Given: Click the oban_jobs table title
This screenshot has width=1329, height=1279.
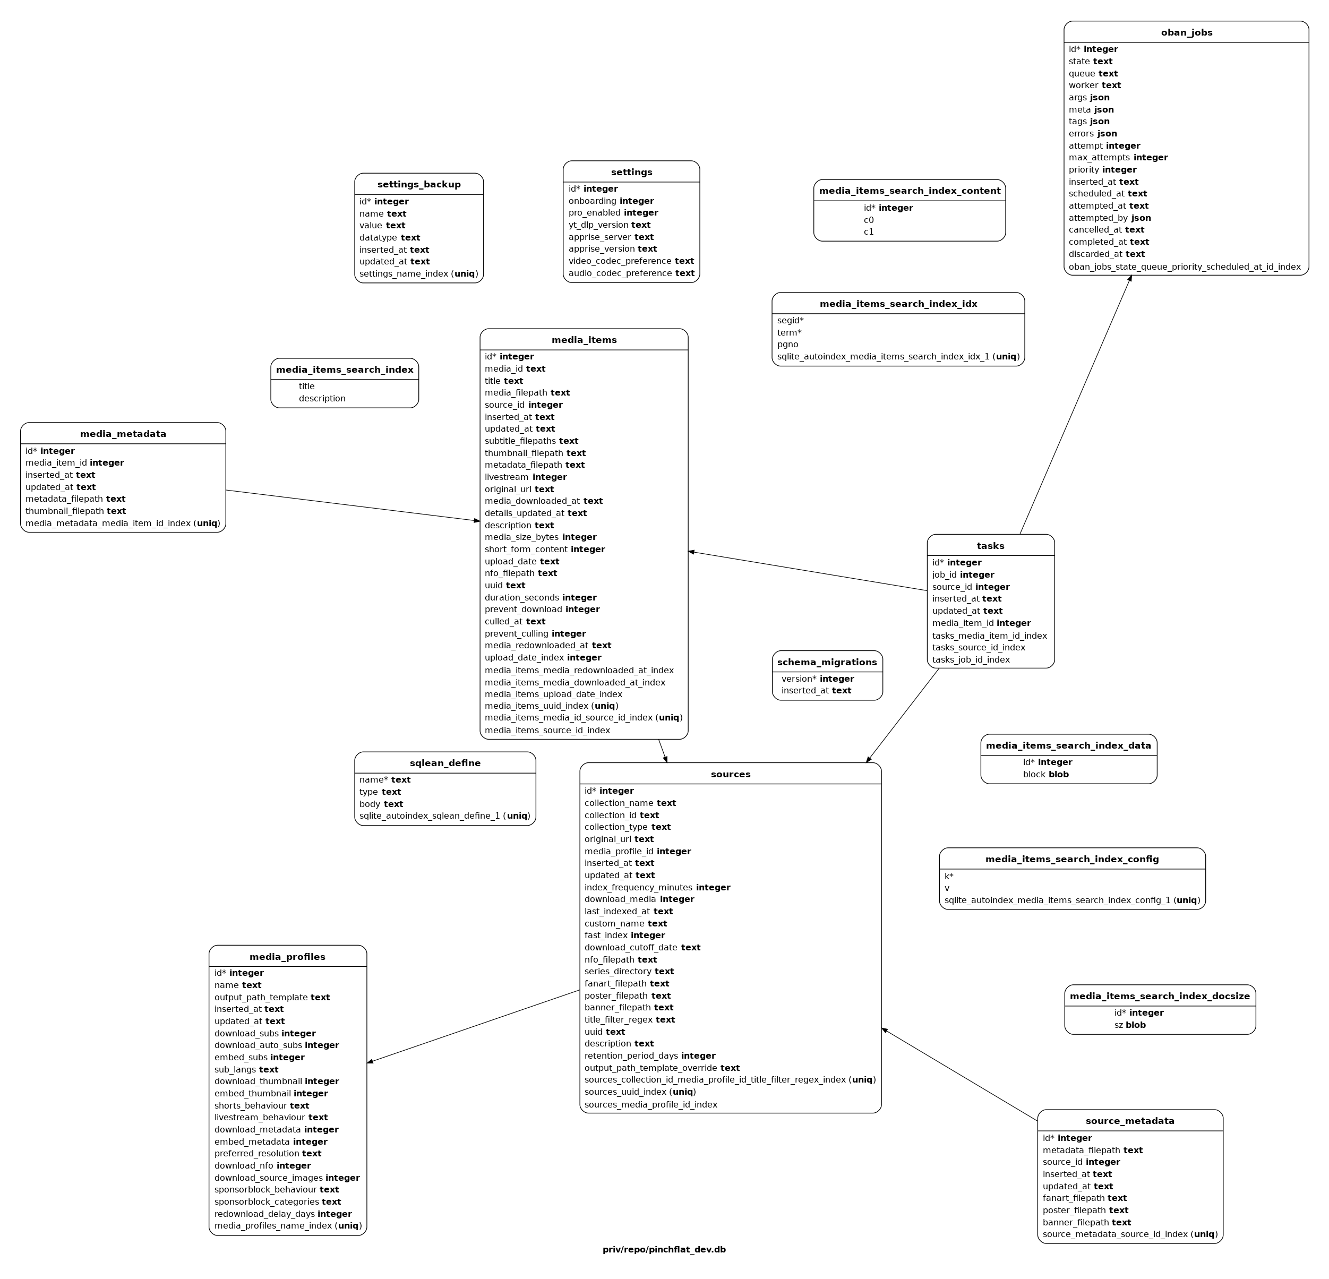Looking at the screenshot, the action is coord(1186,32).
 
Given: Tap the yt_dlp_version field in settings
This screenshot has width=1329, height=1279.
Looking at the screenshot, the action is coord(609,225).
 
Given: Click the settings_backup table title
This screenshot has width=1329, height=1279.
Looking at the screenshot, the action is coord(419,184).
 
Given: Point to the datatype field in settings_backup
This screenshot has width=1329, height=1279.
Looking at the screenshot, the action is coord(390,238).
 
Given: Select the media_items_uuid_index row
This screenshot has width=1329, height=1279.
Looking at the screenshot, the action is coord(551,706).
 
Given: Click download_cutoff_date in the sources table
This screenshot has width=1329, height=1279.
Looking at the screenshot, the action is coord(642,947).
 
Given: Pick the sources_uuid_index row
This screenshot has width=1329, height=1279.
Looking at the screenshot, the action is coord(640,1092).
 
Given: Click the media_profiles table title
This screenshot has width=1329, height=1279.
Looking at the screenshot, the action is coord(287,957).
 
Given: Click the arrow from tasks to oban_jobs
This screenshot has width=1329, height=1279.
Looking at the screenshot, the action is coord(1075,405).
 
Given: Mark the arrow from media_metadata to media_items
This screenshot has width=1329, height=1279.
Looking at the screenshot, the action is coord(353,506).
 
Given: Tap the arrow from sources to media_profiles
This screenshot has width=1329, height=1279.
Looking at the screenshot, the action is coord(473,1027).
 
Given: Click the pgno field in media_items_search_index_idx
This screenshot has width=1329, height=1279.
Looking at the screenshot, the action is coord(788,345).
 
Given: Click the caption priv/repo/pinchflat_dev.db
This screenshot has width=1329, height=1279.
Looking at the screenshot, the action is coord(664,1249).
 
